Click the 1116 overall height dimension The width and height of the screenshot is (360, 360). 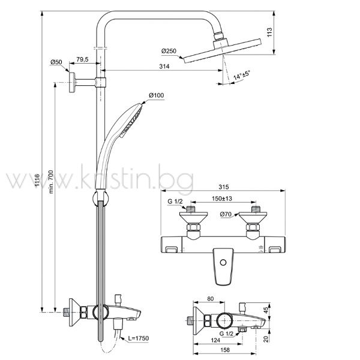tap(37, 183)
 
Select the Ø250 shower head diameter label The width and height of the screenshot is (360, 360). tap(169, 51)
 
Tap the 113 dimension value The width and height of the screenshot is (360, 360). tap(269, 32)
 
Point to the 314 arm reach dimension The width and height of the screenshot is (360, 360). tap(164, 67)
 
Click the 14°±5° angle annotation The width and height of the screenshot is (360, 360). tap(242, 75)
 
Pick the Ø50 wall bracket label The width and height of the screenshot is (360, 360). tap(56, 62)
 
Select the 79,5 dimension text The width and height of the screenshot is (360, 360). tap(82, 59)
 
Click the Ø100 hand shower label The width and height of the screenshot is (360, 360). tap(157, 95)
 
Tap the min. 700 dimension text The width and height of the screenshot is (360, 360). tap(51, 182)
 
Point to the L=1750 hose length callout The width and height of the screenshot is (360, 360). tap(139, 338)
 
